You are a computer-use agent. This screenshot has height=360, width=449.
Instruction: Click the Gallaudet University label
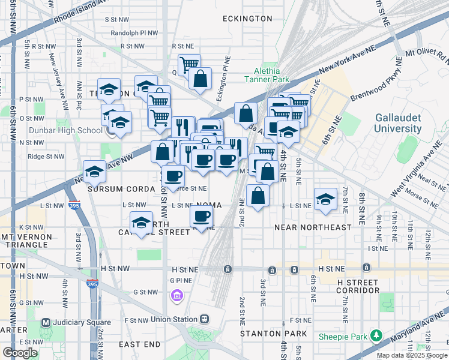click(398, 123)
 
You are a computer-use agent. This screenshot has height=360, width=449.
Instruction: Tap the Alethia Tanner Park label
click(267, 74)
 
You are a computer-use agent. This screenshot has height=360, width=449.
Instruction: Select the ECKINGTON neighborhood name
click(247, 19)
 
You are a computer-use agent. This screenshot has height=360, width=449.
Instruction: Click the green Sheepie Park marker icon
click(376, 335)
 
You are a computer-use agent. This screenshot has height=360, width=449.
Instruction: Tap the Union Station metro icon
click(205, 319)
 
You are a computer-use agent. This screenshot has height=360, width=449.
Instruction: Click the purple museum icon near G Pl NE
click(176, 295)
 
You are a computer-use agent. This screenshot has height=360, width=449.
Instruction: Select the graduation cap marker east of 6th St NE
click(325, 200)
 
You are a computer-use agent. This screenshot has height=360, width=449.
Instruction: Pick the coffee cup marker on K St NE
click(202, 216)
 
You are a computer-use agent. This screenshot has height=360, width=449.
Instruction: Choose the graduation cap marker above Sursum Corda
click(94, 172)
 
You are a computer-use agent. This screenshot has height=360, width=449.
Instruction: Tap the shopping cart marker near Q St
click(189, 64)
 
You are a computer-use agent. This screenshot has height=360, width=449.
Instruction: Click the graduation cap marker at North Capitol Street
click(141, 224)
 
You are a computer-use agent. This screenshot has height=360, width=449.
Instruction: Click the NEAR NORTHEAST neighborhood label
click(312, 227)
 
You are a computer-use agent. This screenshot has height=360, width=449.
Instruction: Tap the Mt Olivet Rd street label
click(427, 55)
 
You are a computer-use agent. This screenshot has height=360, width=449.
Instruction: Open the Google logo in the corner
click(20, 353)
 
